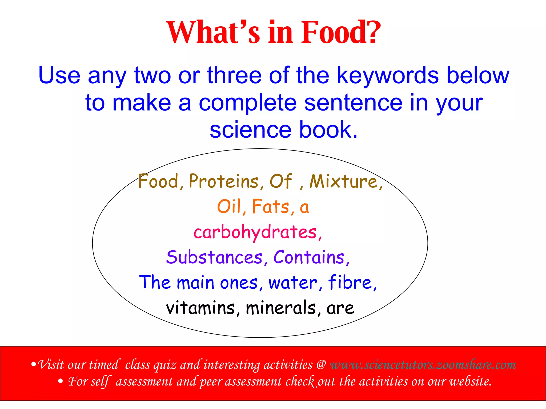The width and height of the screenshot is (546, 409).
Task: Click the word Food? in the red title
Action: [x=341, y=32]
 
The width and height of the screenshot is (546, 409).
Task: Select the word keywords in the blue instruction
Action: [x=388, y=76]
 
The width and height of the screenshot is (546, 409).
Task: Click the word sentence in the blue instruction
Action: [x=353, y=103]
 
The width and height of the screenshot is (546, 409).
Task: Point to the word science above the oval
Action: [x=250, y=130]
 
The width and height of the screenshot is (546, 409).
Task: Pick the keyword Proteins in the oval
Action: [x=224, y=181]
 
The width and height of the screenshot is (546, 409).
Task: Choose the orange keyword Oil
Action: [x=229, y=207]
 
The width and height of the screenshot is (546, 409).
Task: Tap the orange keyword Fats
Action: [x=271, y=207]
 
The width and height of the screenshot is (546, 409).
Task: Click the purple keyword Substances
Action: [x=214, y=257]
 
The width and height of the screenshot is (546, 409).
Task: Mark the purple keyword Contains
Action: [x=309, y=257]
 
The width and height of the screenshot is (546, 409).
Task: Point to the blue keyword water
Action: [x=293, y=283]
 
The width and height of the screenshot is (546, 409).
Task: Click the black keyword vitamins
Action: [x=200, y=308]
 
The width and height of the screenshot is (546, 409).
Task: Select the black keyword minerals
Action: [x=281, y=308]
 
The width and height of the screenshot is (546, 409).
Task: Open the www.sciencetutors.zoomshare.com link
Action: [x=423, y=365]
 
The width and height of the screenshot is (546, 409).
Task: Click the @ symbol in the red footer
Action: [x=321, y=365]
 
